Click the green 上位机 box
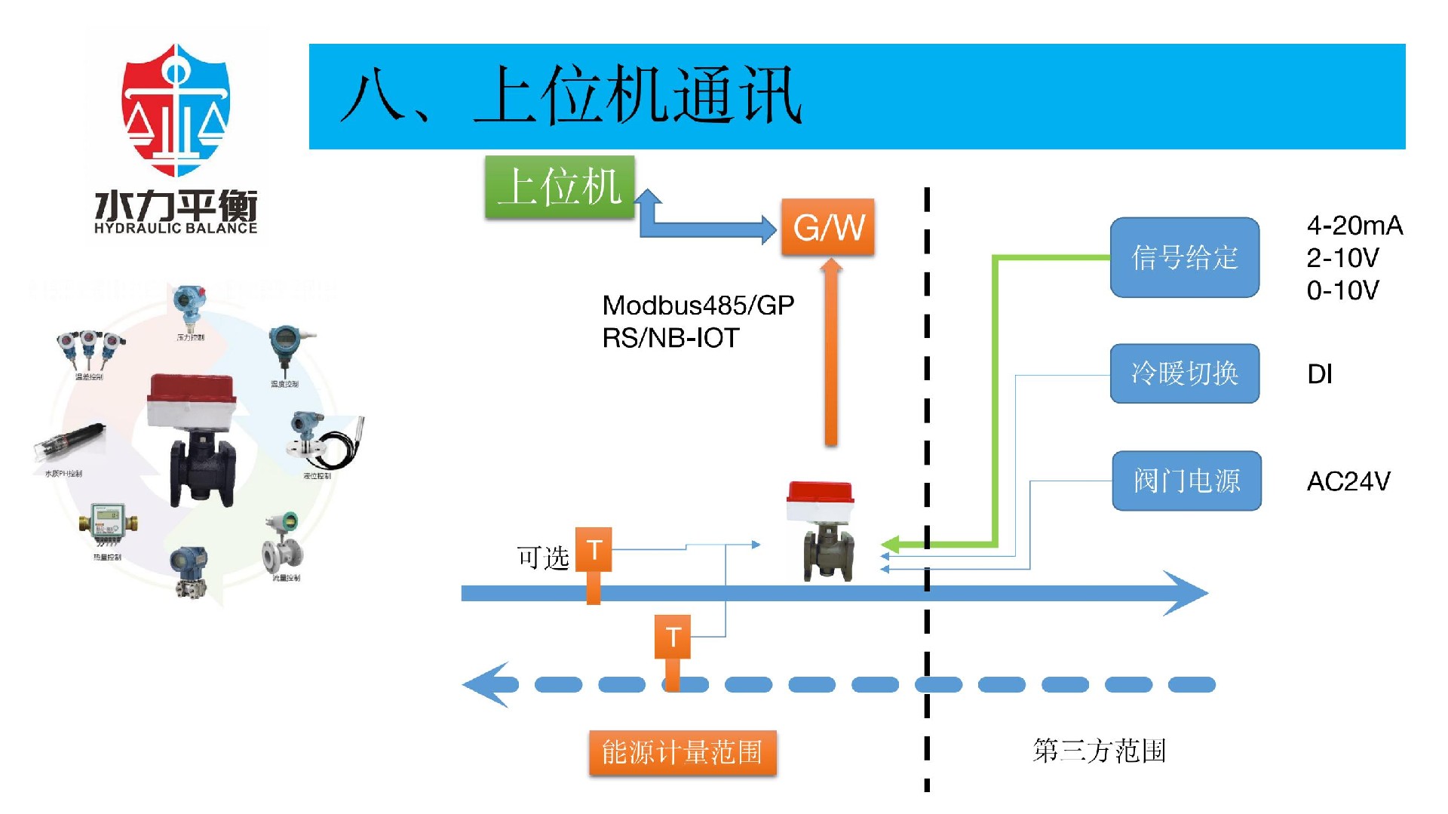click(559, 187)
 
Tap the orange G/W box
click(827, 226)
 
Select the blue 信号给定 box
click(1184, 257)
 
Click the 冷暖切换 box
click(1184, 373)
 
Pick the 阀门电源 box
click(1186, 481)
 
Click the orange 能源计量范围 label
click(682, 752)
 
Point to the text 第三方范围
click(1099, 751)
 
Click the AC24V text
click(1348, 481)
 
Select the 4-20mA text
click(1354, 226)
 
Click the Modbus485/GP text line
click(698, 306)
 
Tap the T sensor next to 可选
click(594, 551)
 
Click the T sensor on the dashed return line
click(673, 637)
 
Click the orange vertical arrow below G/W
click(830, 355)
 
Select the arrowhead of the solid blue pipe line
click(1188, 593)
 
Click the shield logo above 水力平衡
click(176, 109)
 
